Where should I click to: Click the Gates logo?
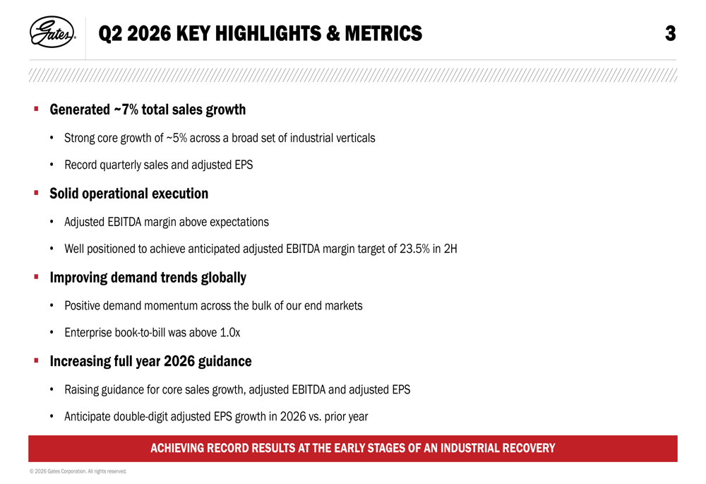pos(52,32)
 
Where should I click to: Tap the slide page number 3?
pos(671,34)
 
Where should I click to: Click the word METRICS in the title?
pos(383,34)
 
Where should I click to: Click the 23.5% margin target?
pos(414,249)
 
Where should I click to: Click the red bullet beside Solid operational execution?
pos(37,193)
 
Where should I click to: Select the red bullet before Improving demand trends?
pos(37,277)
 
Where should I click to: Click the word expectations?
pos(239,222)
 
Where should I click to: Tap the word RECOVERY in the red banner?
pos(529,449)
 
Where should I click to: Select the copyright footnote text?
pos(78,471)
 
